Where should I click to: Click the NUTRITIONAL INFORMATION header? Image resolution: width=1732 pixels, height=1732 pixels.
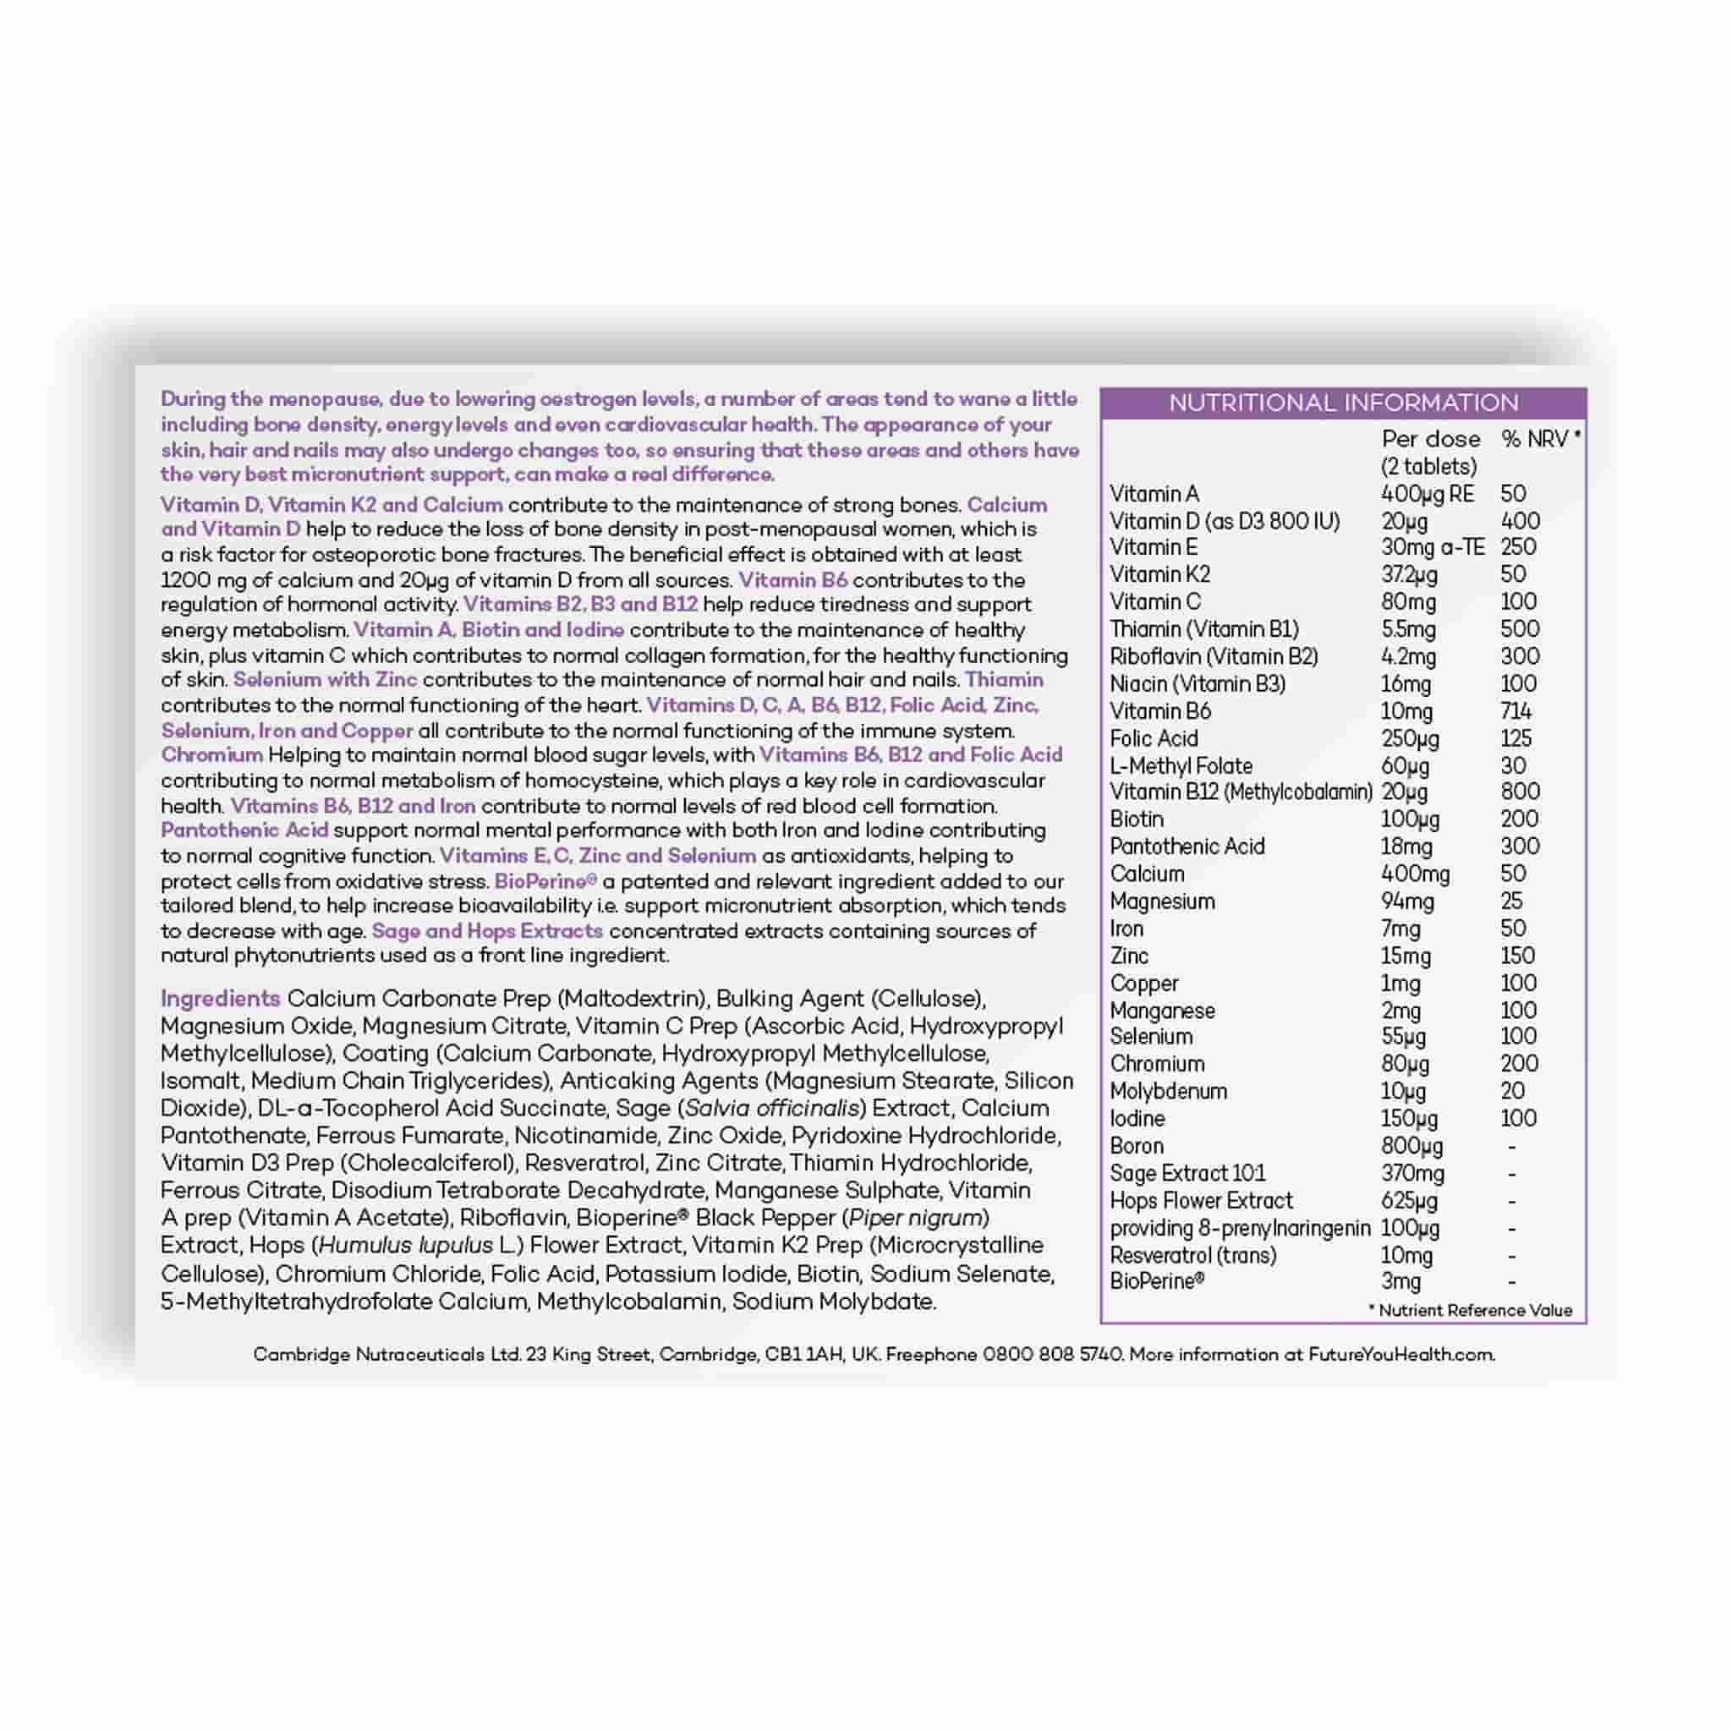pyautogui.click(x=1343, y=403)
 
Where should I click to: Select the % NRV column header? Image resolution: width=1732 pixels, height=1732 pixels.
pyautogui.click(x=1539, y=439)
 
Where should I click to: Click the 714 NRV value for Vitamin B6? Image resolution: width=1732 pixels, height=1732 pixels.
pyautogui.click(x=1516, y=712)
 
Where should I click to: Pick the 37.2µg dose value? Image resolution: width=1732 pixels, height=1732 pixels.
pyautogui.click(x=1408, y=574)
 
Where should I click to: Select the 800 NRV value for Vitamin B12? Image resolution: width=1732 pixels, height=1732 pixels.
pyautogui.click(x=1520, y=792)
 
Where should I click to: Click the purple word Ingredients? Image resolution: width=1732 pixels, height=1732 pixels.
pyautogui.click(x=221, y=999)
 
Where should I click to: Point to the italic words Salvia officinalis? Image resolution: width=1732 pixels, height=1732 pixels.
pyautogui.click(x=773, y=1108)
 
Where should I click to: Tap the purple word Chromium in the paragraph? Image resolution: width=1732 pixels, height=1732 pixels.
pyautogui.click(x=211, y=755)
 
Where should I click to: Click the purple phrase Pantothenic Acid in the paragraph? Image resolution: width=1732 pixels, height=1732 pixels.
pyautogui.click(x=244, y=830)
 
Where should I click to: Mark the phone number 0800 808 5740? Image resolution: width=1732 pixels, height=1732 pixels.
pyautogui.click(x=1051, y=1355)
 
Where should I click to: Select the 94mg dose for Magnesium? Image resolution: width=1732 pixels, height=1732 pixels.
pyautogui.click(x=1406, y=901)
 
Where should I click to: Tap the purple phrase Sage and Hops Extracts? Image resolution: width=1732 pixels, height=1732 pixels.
pyautogui.click(x=487, y=930)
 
